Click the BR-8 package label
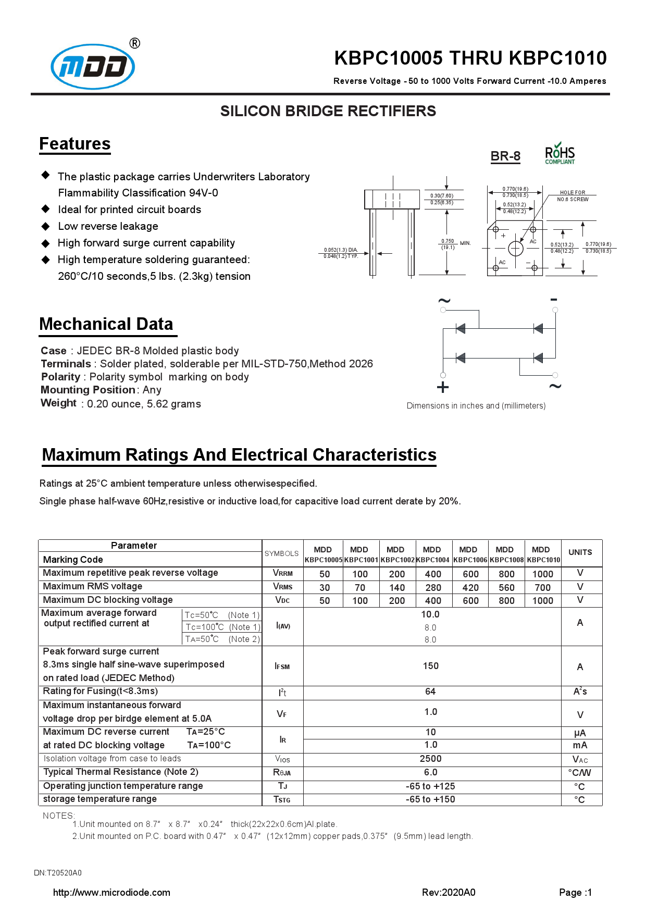pos(505,156)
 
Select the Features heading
pos(75,144)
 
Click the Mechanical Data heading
pos(106,324)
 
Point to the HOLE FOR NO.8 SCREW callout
pos(573,196)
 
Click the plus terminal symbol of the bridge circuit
pos(442,387)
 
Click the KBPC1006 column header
pos(470,555)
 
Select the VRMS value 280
pos(433,588)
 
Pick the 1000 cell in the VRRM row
pos(542,574)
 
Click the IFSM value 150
pos(430,666)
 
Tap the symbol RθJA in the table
pos(282,773)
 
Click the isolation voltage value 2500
pos(430,759)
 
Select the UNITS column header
pos(580,552)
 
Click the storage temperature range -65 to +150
pos(430,799)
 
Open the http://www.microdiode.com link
pos(111,893)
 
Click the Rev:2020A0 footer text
pos(449,893)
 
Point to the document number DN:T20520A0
pos(58,873)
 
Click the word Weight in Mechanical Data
pos(58,403)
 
